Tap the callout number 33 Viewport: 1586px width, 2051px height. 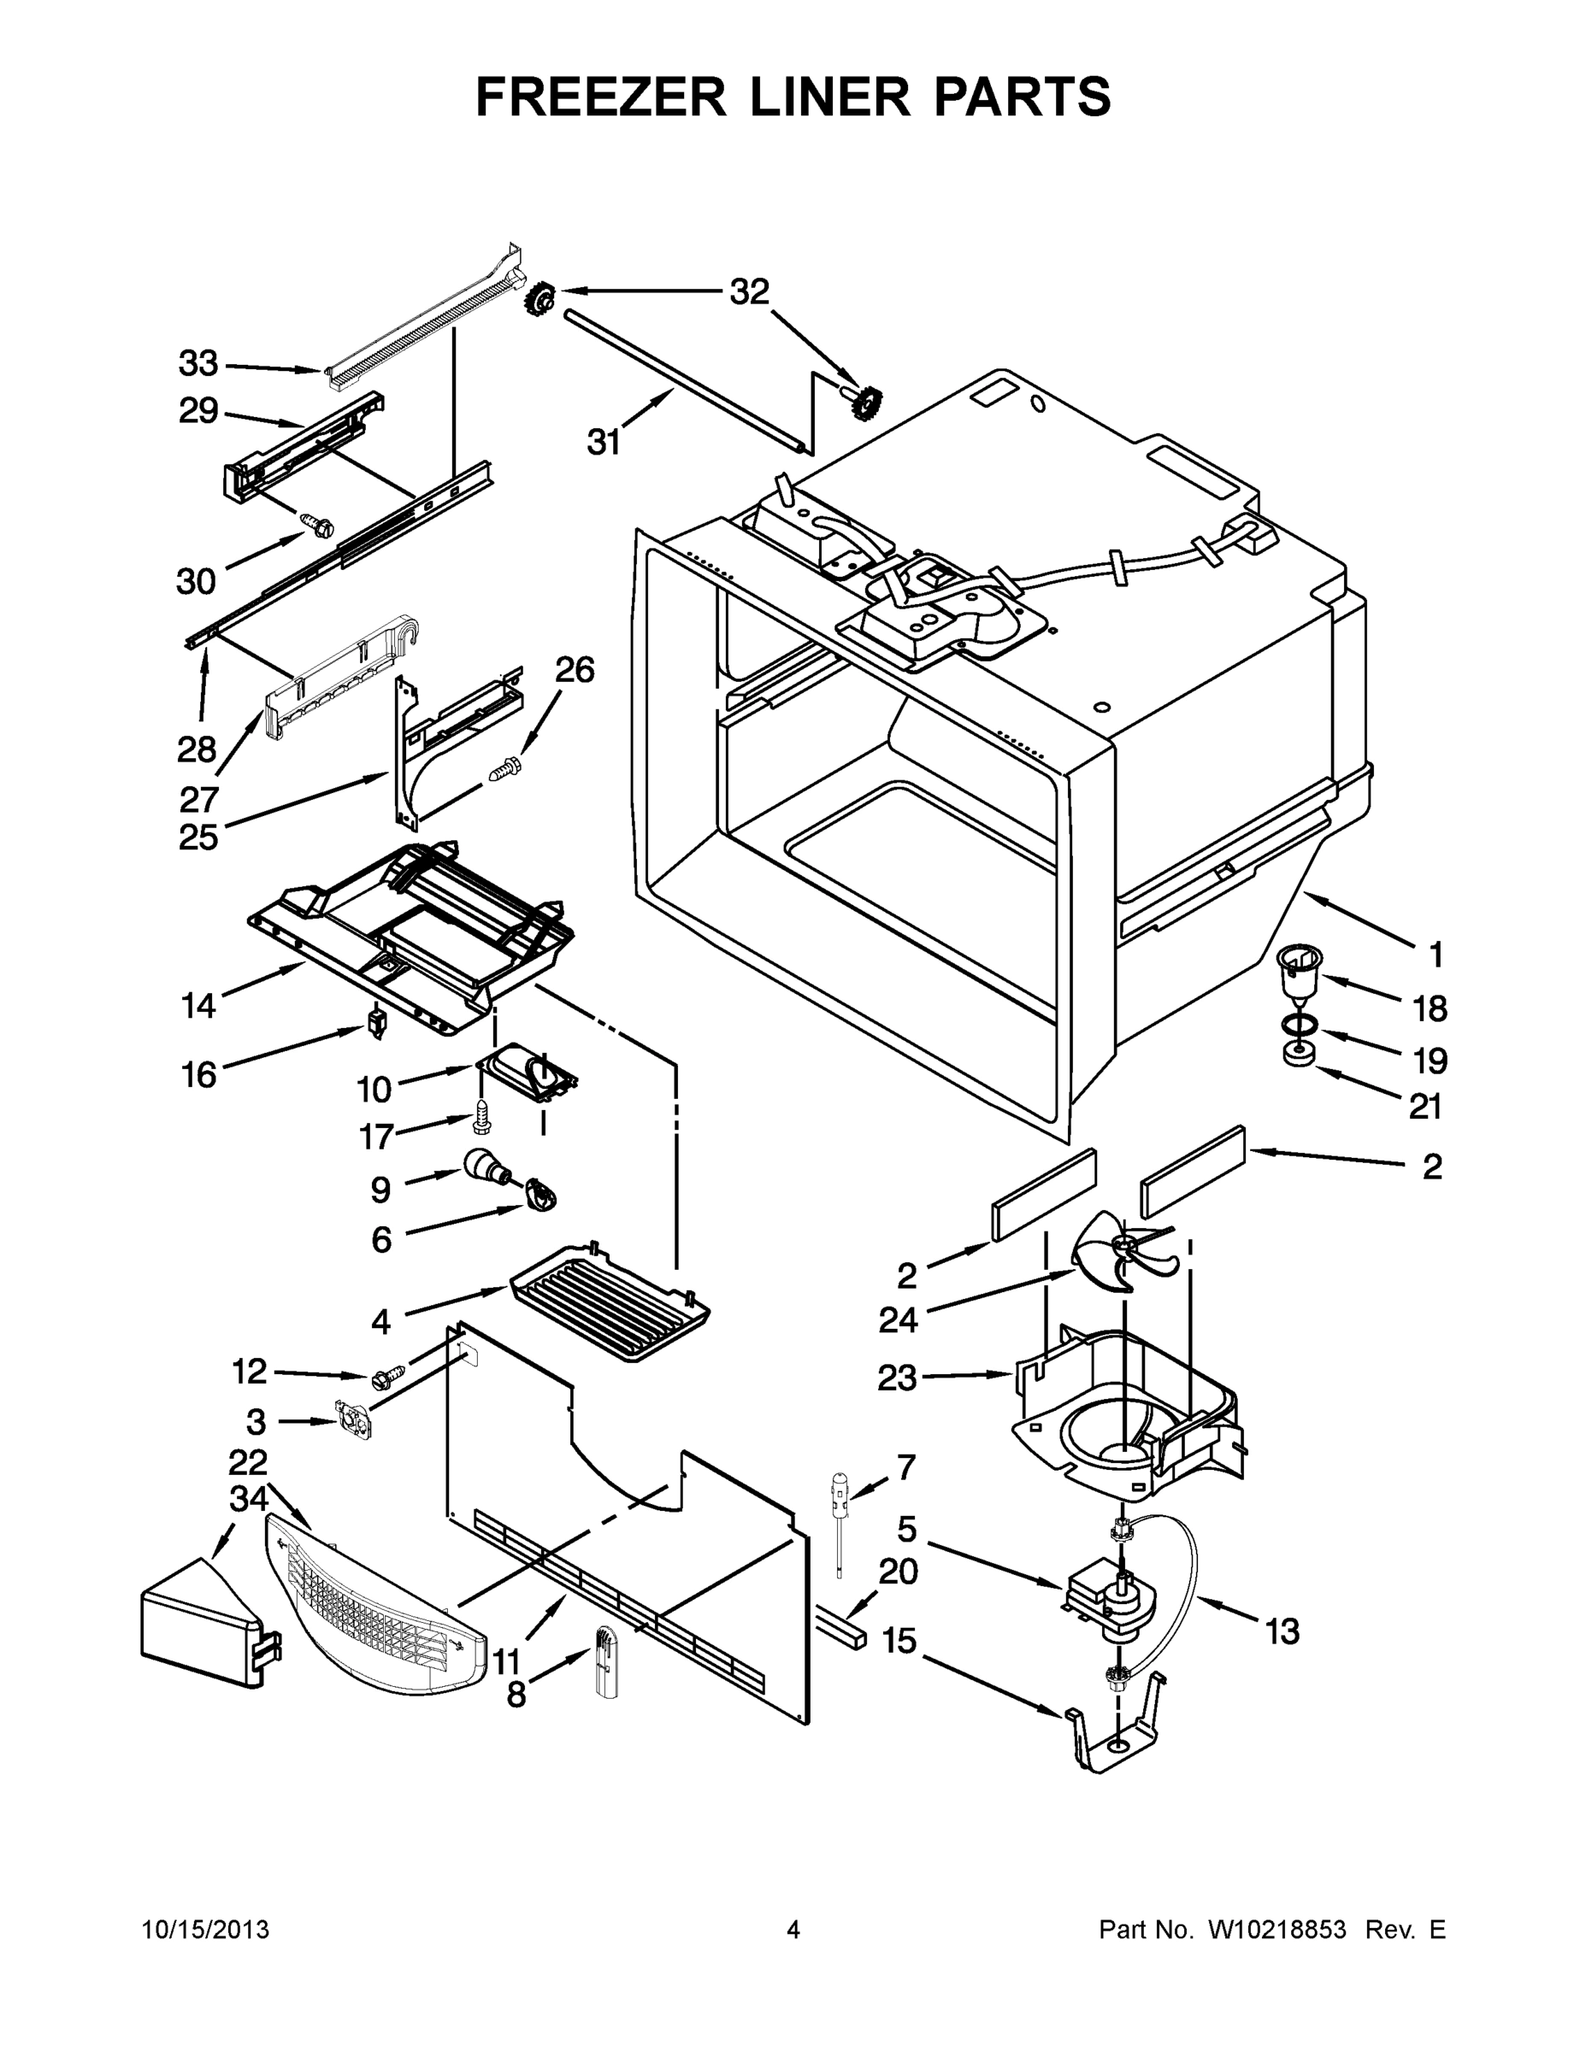point(198,362)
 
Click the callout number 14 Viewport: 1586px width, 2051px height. point(198,1007)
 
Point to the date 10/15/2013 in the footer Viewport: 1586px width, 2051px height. point(206,1931)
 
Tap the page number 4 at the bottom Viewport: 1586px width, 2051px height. point(793,1931)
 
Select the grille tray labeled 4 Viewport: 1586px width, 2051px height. point(609,1301)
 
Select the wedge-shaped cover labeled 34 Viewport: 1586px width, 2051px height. point(199,1613)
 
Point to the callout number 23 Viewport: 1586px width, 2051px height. point(897,1378)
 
